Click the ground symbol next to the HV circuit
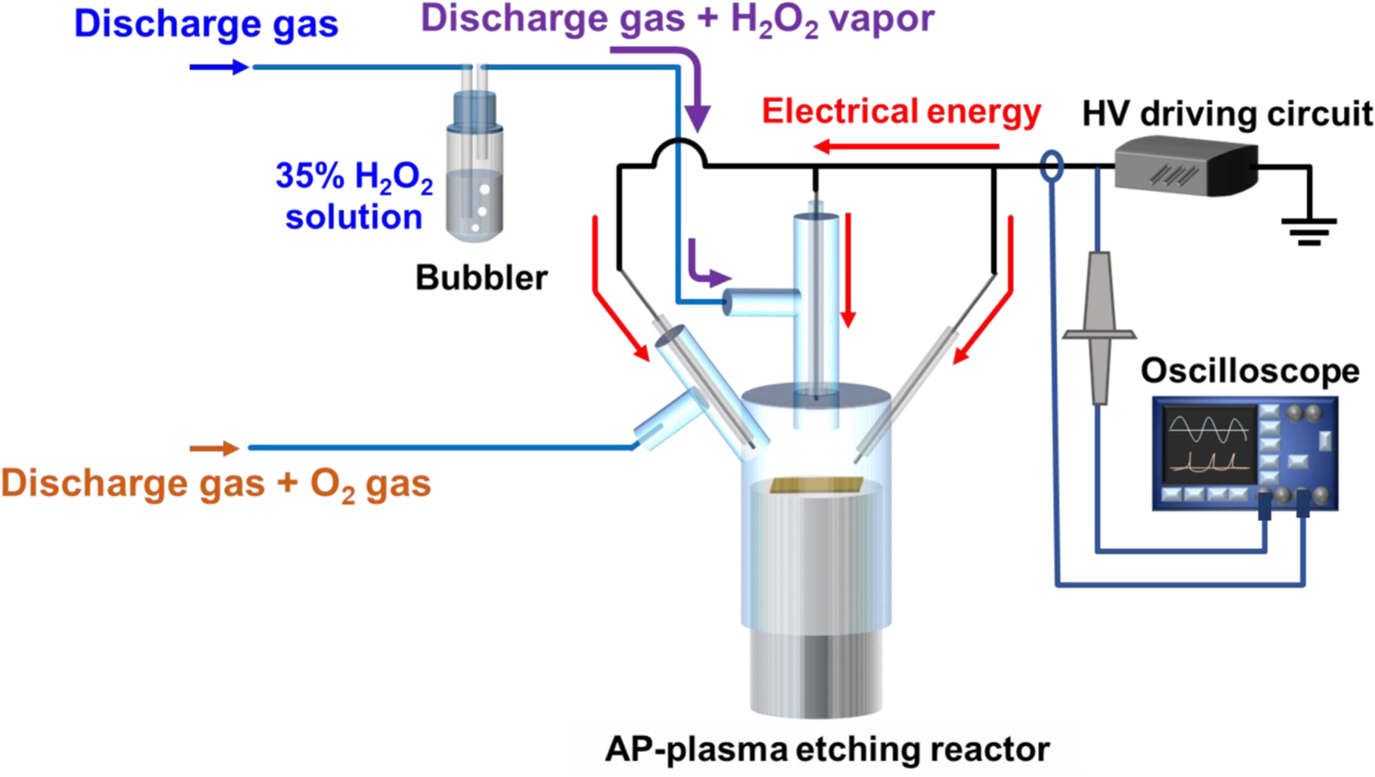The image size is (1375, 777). coord(1309,230)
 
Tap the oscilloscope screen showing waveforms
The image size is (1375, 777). coord(1208,445)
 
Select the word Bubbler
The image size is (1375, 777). coord(481,278)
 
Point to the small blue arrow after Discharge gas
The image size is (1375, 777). coord(219,67)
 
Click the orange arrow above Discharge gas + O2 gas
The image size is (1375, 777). coord(215,448)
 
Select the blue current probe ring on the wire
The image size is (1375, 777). coord(1052,166)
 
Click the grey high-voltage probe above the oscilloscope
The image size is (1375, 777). coord(1100,329)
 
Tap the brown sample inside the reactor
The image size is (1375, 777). coord(817,485)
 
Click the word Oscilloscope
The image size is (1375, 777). coord(1250,371)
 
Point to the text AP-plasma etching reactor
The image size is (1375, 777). coord(827,750)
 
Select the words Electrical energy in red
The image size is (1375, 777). coord(901,111)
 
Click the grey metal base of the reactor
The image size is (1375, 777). coord(816,673)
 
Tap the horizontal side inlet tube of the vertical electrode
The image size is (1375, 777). coord(762,302)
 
